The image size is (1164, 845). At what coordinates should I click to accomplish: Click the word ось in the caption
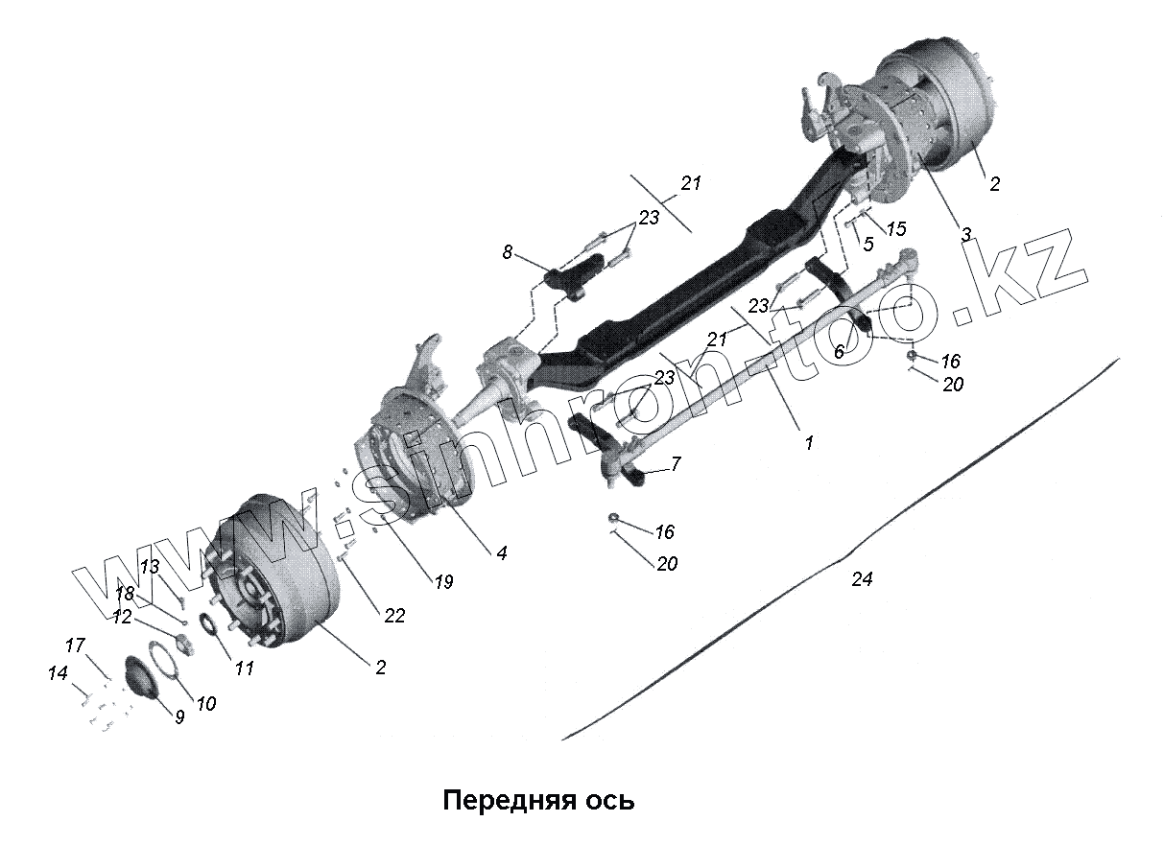(x=609, y=800)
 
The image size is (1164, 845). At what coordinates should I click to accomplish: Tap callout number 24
(x=862, y=579)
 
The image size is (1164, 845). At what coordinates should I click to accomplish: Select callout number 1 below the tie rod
(x=808, y=443)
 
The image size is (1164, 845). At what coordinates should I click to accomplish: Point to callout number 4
(x=501, y=552)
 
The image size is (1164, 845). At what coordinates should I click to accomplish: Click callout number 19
(x=442, y=581)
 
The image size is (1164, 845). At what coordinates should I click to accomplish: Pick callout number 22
(x=394, y=616)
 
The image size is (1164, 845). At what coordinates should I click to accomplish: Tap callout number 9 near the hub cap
(x=179, y=716)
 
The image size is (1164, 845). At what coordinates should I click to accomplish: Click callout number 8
(x=508, y=252)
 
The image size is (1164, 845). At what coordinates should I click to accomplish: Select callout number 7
(x=676, y=464)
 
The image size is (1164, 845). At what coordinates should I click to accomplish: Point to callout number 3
(x=966, y=233)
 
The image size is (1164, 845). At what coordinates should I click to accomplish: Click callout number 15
(x=895, y=229)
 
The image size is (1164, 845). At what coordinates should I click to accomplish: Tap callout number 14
(x=59, y=674)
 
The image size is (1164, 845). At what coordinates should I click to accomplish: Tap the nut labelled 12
(x=181, y=639)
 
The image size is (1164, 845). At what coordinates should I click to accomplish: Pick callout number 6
(x=838, y=352)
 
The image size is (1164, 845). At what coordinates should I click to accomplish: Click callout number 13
(x=150, y=566)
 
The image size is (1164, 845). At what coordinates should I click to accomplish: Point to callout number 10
(x=205, y=703)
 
